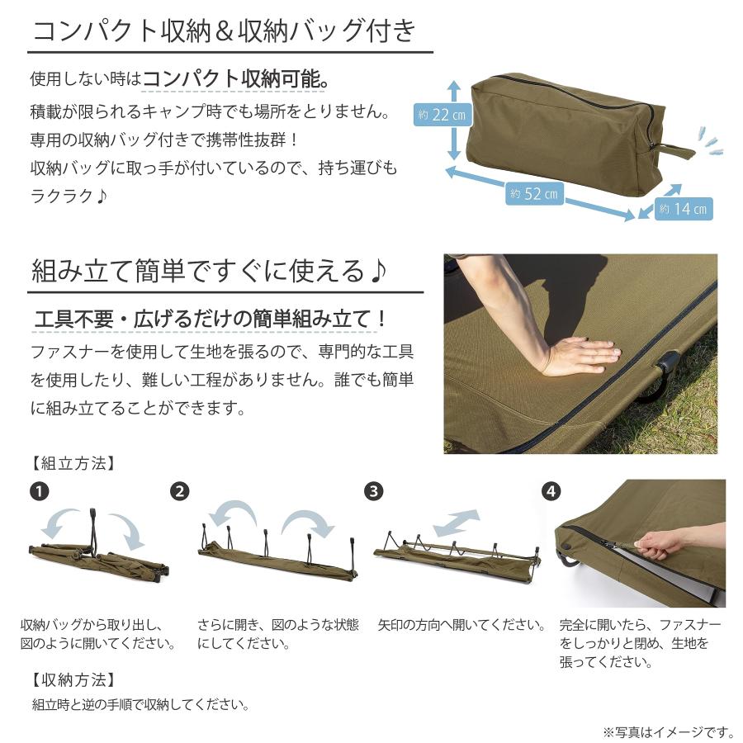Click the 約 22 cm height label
[442, 115]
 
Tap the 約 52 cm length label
[534, 193]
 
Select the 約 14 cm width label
[684, 209]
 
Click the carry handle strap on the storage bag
[673, 152]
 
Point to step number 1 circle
[40, 491]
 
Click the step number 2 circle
[180, 491]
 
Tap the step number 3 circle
[373, 491]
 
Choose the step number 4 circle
[551, 491]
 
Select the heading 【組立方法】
[73, 463]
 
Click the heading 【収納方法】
[73, 680]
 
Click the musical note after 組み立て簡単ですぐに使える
[377, 271]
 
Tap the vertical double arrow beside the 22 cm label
[454, 120]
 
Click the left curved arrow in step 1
[59, 521]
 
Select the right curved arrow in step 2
[307, 523]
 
